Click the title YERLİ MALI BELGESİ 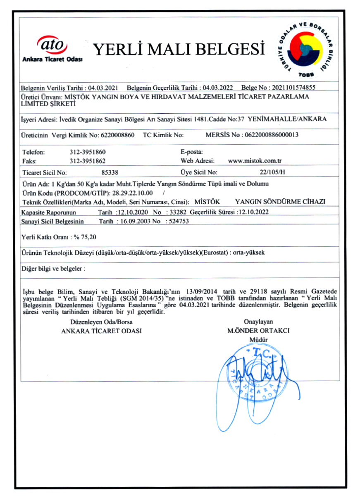179,49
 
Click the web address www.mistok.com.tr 255,161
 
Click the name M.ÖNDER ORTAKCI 258,331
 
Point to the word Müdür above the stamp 258,340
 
